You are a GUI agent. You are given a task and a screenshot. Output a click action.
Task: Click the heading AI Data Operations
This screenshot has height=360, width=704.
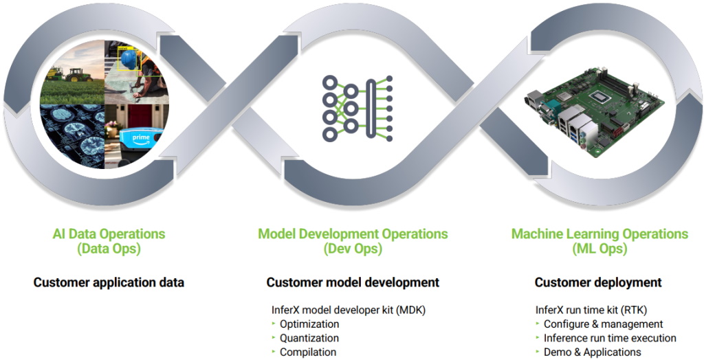(x=109, y=234)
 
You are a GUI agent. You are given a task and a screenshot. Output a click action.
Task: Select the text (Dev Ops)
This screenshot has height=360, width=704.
(x=353, y=249)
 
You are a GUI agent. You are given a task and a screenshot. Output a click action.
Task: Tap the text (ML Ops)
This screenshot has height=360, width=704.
(x=599, y=249)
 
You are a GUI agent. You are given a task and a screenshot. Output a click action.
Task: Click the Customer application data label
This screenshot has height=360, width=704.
(x=109, y=282)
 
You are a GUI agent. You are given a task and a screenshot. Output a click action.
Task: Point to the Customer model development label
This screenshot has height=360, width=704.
(x=353, y=282)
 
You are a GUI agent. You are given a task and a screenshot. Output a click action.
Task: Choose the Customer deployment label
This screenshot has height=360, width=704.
(x=598, y=282)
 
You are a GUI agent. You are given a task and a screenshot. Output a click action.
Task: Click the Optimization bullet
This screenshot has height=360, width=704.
(x=309, y=324)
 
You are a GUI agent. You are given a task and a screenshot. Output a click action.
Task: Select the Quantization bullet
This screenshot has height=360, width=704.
(x=309, y=338)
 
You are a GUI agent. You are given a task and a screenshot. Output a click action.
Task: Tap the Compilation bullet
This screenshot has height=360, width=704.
(x=308, y=352)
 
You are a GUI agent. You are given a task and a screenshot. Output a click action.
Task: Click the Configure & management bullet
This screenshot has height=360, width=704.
(x=603, y=324)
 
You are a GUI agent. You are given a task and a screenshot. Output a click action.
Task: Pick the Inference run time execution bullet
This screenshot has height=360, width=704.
(x=610, y=338)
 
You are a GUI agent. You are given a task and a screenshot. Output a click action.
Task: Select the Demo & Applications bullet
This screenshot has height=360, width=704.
(x=592, y=352)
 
